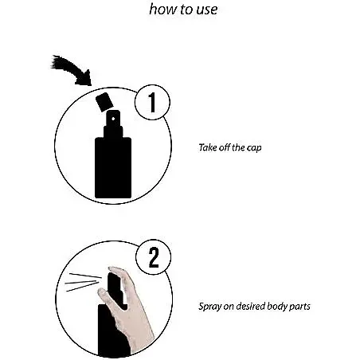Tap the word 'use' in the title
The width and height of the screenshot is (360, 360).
tap(207, 10)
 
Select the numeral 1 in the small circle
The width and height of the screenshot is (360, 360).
tap(152, 103)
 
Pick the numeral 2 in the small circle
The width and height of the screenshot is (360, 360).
tap(154, 257)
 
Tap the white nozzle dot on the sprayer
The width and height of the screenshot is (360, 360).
tap(113, 119)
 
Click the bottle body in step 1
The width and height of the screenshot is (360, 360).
tap(113, 168)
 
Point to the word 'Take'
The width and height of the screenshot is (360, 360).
tap(208, 147)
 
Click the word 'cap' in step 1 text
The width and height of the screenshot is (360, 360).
tap(254, 148)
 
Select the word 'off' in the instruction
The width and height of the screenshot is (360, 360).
tap(225, 147)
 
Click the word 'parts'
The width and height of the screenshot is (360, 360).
tap(299, 307)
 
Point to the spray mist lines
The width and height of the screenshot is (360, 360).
tap(83, 282)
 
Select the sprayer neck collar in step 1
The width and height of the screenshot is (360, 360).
tap(113, 132)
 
